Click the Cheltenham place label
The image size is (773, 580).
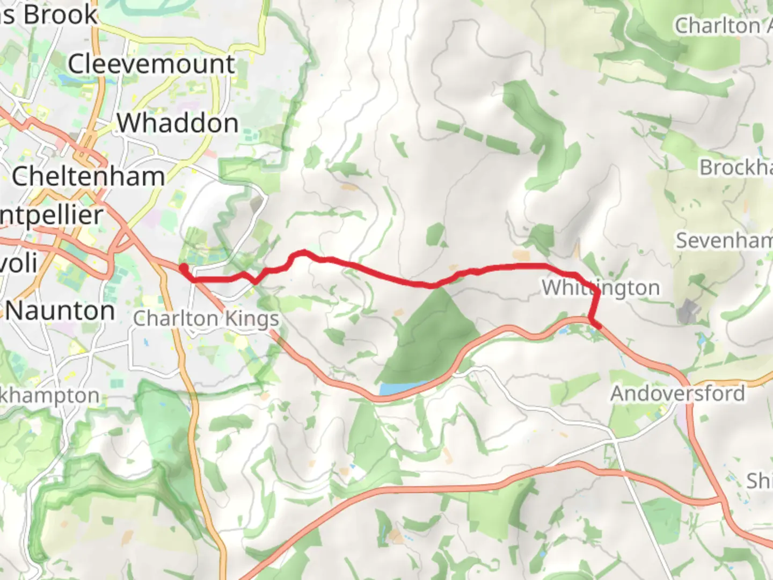88,176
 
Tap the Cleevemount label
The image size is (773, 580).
151,64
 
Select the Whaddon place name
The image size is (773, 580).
178,123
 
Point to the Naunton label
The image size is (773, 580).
61,310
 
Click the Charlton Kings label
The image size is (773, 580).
206,318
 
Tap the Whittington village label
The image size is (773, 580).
601,287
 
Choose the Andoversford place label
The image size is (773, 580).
677,394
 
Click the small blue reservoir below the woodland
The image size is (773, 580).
400,389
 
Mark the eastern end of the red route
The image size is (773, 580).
599,325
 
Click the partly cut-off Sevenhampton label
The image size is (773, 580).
724,240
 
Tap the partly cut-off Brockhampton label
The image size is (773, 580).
735,168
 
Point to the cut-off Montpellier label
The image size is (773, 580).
51,215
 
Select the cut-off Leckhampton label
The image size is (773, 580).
50,396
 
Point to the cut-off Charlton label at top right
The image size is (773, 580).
723,25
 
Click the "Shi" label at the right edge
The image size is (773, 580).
759,481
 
